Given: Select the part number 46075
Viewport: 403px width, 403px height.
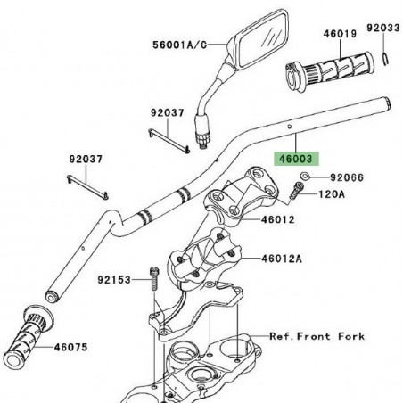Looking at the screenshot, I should point(74,349).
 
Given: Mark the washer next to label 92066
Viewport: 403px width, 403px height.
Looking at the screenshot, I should point(305,177).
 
